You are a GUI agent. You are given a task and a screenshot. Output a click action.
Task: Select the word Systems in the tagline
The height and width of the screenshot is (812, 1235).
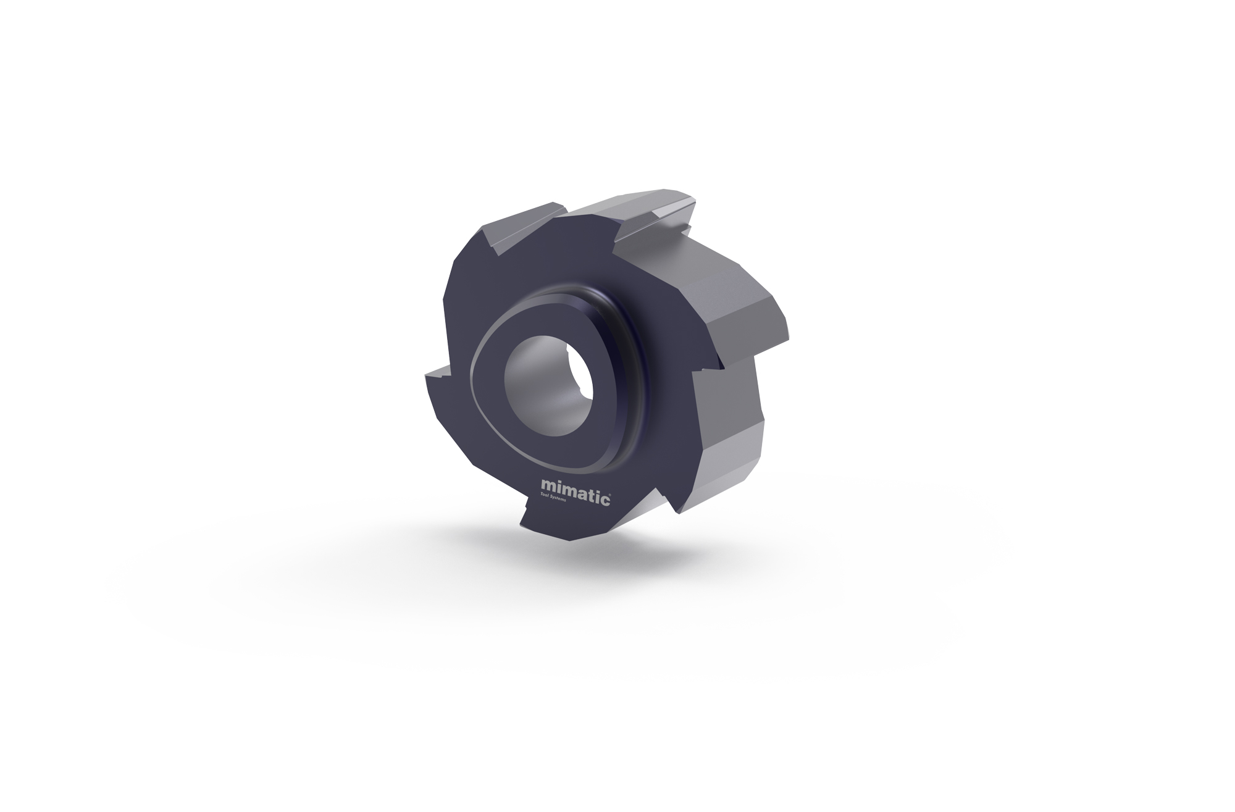coord(567,498)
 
